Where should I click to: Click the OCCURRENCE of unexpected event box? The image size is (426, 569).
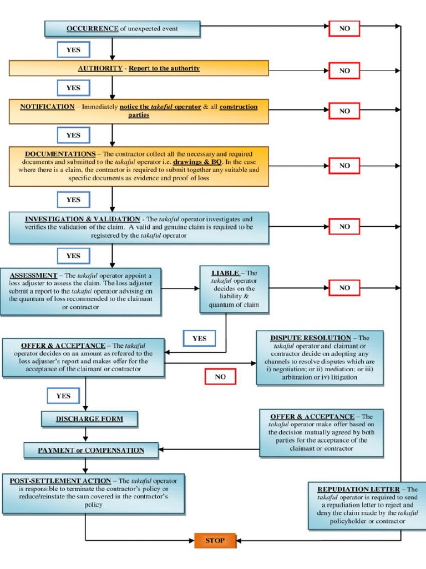point(122,28)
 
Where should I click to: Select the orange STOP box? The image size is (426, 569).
point(215,540)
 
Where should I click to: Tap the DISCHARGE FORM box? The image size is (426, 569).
point(89,418)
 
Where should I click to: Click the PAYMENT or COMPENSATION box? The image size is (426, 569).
point(91,450)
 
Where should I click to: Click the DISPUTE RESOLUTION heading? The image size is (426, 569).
point(311,338)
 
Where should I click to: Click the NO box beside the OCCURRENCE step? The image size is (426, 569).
point(344,28)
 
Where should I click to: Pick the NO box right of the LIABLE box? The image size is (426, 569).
point(344,288)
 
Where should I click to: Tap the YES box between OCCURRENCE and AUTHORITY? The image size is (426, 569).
point(73,49)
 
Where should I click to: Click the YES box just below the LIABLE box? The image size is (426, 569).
point(199,338)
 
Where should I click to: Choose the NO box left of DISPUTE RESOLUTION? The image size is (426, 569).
point(220,377)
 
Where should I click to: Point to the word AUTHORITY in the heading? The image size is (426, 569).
point(100,68)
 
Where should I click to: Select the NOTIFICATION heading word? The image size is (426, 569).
point(47,107)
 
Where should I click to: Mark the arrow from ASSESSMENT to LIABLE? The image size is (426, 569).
point(181,288)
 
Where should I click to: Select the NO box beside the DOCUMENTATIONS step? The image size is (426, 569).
point(344,166)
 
